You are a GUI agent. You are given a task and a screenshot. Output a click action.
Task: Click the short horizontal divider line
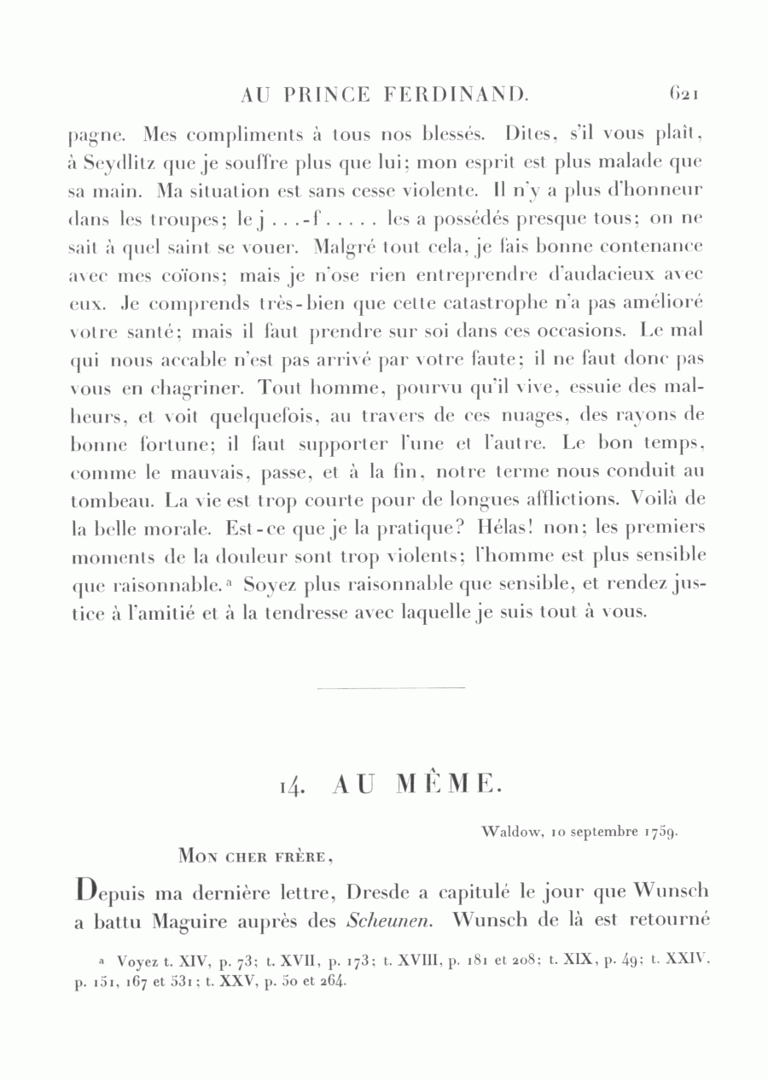coord(391,687)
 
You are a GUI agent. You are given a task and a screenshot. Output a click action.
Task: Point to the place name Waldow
coord(510,830)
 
